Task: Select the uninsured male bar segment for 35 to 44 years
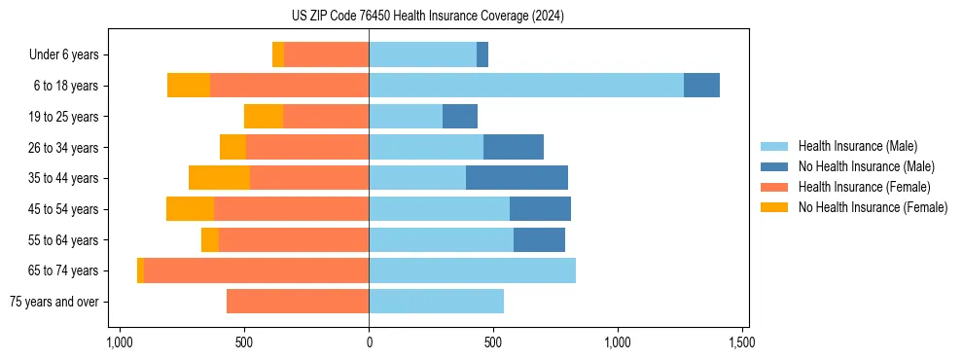click(517, 178)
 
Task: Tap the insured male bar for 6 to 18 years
click(526, 86)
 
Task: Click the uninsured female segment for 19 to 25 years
click(264, 117)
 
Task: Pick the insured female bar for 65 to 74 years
click(256, 270)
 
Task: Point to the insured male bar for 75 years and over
click(436, 302)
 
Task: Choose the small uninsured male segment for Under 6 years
click(482, 54)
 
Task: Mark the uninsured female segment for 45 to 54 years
click(190, 209)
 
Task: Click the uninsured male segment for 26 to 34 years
click(514, 147)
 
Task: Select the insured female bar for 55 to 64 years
click(294, 239)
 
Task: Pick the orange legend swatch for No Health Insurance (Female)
click(776, 207)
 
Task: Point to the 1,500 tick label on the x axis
click(742, 342)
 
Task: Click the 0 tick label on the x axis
click(369, 342)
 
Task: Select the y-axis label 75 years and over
click(53, 302)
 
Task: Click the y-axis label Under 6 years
click(63, 55)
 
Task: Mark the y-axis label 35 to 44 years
click(62, 178)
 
